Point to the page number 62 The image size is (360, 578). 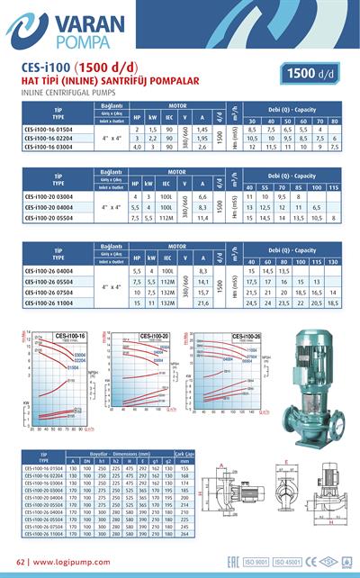(x=22, y=562)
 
